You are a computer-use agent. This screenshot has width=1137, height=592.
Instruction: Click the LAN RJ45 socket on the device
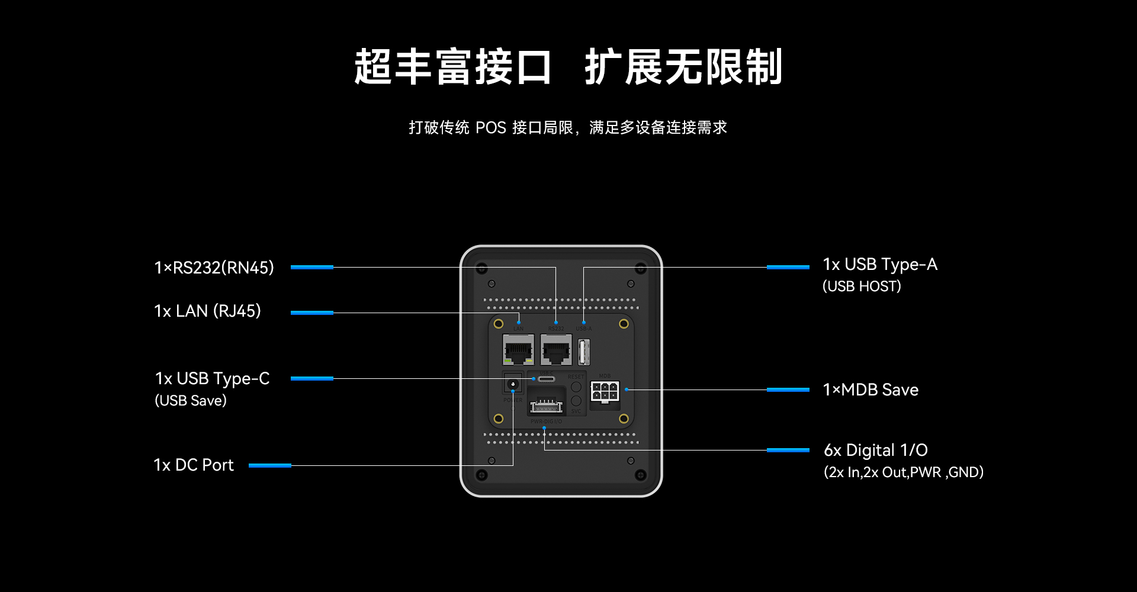tap(518, 349)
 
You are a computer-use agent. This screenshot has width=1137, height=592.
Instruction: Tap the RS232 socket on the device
tap(556, 349)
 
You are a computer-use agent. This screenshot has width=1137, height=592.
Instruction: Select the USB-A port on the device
tap(584, 351)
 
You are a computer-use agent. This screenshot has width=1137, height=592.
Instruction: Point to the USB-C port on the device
tap(546, 379)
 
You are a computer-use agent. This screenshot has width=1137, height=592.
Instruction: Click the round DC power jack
tap(513, 385)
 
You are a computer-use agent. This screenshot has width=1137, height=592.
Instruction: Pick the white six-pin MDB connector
tap(605, 391)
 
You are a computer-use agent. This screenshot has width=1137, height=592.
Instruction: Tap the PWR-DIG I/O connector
tap(545, 406)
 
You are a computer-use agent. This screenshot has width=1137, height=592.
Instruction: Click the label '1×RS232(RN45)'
tap(214, 268)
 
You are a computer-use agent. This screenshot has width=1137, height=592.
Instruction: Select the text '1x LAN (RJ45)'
tap(207, 311)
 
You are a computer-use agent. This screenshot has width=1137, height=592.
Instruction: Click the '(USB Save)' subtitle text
tap(191, 401)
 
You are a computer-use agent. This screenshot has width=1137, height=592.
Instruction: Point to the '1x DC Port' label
tap(194, 465)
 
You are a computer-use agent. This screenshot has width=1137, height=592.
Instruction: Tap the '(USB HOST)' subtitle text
tap(862, 287)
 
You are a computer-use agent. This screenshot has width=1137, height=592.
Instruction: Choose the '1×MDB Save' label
tap(871, 390)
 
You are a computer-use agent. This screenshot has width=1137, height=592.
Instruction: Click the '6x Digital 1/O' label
tap(875, 451)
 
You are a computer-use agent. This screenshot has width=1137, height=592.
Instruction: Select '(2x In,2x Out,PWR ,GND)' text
tap(903, 472)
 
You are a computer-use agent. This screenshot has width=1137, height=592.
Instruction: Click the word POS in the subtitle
tap(491, 128)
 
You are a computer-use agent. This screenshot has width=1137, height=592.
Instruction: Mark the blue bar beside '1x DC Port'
tap(270, 465)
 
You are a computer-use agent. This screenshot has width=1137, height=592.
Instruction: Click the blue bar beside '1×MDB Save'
tap(788, 390)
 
